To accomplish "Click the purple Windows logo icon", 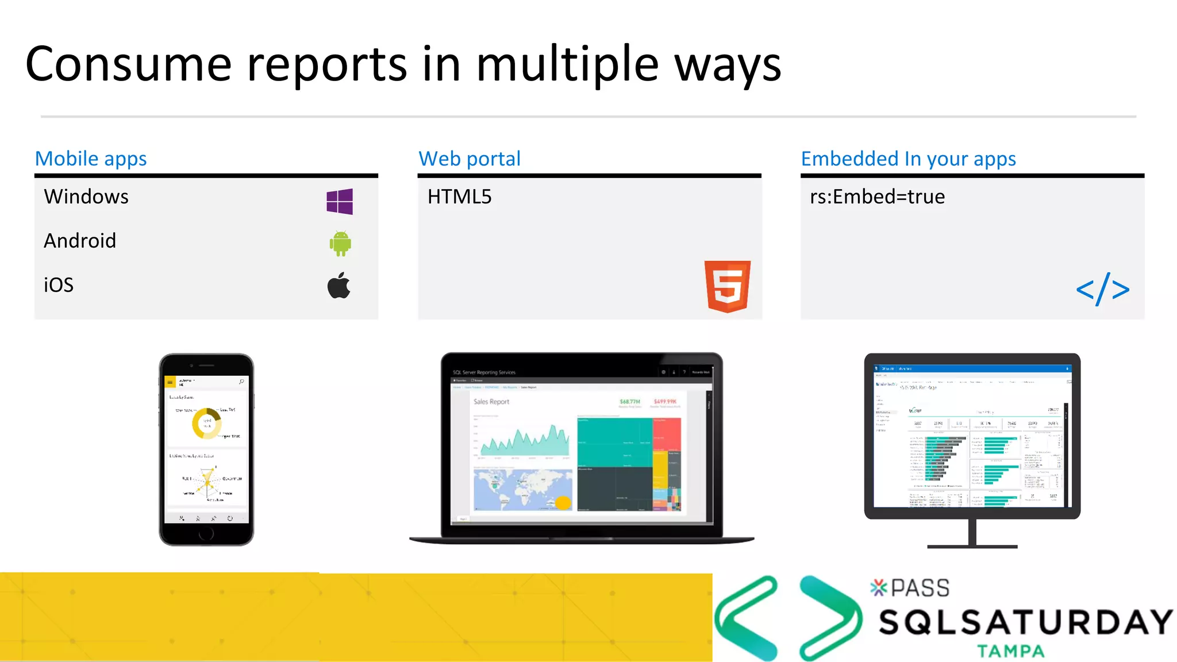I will point(340,202).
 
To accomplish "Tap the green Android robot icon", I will point(340,244).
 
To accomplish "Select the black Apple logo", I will point(339,286).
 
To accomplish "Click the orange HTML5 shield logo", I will point(728,286).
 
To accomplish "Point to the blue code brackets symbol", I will point(1102,289).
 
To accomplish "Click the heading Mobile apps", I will point(91,159).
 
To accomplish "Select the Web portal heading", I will point(470,159).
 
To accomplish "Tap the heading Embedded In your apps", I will point(908,159).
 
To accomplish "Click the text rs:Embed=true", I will point(877,197).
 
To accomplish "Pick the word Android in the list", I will point(80,241).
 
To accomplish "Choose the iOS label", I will point(59,285).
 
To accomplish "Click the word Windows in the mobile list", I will point(86,197).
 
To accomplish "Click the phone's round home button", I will point(206,534).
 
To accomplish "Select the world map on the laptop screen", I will point(522,490).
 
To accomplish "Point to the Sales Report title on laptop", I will point(491,402).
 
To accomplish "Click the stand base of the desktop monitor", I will point(972,546).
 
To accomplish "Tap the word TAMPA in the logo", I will point(1010,651).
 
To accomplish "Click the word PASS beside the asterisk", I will point(920,588).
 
